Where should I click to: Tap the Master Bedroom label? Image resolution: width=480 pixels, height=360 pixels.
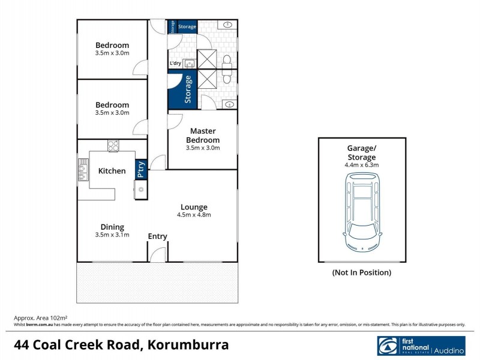click(x=203, y=135)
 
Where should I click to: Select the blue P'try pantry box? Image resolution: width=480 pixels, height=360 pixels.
click(x=141, y=169)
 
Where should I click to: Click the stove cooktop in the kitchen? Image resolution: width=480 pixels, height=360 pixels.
click(x=113, y=145)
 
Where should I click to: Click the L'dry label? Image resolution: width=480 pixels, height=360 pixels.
click(x=175, y=63)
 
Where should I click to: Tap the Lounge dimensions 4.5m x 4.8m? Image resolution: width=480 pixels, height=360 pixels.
click(x=194, y=214)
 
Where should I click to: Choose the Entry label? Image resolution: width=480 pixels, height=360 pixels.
click(x=157, y=236)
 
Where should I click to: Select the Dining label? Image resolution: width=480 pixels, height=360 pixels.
click(x=112, y=227)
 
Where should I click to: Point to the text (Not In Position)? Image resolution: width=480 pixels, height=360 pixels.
click(x=362, y=272)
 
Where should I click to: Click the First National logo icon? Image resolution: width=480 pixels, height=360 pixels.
click(x=388, y=346)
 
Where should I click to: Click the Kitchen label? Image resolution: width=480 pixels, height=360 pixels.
click(x=112, y=171)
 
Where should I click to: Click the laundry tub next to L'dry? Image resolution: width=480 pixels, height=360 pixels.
click(x=190, y=62)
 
